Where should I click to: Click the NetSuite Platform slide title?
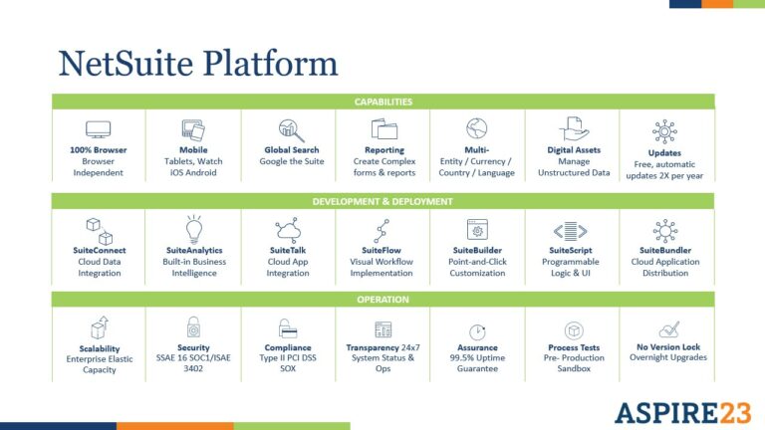[198, 63]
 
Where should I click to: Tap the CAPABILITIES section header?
[382, 102]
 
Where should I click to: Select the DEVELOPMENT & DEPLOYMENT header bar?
[382, 201]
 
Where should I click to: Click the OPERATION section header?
[382, 299]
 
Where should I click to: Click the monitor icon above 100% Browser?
[98, 129]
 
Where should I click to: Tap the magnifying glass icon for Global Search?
[289, 129]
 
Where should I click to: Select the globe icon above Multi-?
[477, 128]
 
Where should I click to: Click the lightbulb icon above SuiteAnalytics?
[193, 229]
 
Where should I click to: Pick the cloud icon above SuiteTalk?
[288, 231]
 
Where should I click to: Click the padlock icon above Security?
[193, 327]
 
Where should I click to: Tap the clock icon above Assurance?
[477, 331]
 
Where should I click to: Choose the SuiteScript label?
[572, 250]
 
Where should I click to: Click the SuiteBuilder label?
[477, 250]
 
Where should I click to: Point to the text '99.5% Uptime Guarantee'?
[477, 363]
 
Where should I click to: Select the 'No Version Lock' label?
[667, 347]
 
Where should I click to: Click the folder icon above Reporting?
[383, 129]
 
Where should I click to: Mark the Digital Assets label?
[572, 150]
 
